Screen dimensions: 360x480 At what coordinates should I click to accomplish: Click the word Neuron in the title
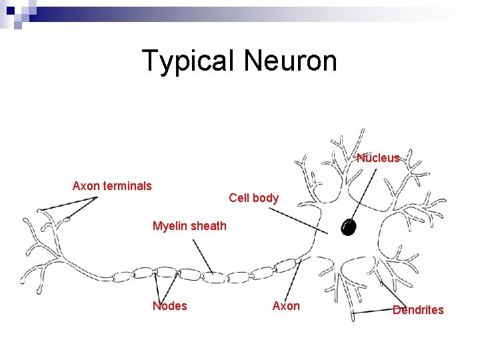pyautogui.click(x=290, y=61)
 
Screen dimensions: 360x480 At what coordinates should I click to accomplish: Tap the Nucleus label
pyautogui.click(x=378, y=158)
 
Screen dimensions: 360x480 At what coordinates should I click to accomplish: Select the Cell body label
pyautogui.click(x=253, y=198)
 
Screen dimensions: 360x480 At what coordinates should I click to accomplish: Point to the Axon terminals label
pyautogui.click(x=112, y=186)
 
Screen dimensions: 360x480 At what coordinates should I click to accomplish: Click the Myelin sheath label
pyautogui.click(x=189, y=226)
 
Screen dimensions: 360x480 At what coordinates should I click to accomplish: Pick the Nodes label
pyautogui.click(x=170, y=306)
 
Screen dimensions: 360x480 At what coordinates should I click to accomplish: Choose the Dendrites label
pyautogui.click(x=418, y=309)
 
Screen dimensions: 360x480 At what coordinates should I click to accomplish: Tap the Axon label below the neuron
pyautogui.click(x=286, y=306)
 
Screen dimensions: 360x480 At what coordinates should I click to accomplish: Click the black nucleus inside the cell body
pyautogui.click(x=348, y=227)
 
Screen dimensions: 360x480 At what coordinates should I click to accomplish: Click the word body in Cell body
pyautogui.click(x=266, y=198)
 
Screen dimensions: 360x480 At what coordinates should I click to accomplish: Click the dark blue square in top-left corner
pyautogui.click(x=10, y=11)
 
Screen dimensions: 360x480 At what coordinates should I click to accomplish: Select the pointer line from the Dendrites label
pyautogui.click(x=373, y=312)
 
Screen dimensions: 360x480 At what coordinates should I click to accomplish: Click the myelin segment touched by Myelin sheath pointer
pyautogui.click(x=213, y=277)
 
